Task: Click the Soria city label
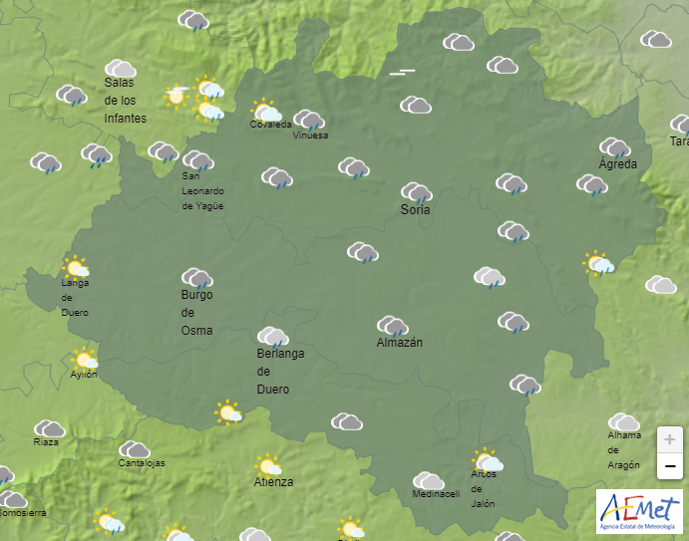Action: click(x=415, y=210)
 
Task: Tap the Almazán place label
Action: click(x=400, y=343)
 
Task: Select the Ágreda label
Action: click(x=617, y=163)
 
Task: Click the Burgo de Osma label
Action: click(x=196, y=312)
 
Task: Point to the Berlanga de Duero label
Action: click(x=280, y=372)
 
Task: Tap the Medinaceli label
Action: click(x=436, y=495)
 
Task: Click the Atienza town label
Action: click(x=273, y=482)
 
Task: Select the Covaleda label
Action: click(x=270, y=125)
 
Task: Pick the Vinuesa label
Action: click(x=310, y=135)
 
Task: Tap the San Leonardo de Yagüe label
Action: click(x=202, y=190)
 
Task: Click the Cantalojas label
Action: click(x=142, y=463)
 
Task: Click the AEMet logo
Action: click(x=639, y=511)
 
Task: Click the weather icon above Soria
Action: click(x=416, y=191)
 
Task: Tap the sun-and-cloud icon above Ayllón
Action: click(x=85, y=359)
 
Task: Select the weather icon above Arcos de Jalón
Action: click(x=487, y=460)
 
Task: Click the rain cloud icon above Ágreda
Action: click(x=614, y=147)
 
